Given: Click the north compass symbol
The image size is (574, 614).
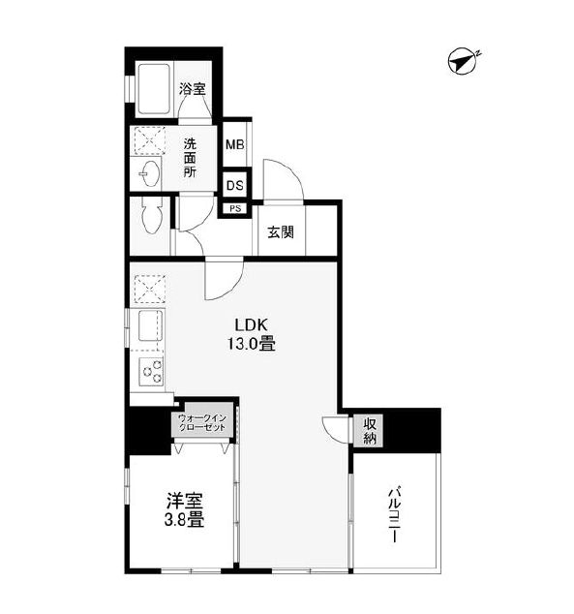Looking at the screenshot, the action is click(x=463, y=61).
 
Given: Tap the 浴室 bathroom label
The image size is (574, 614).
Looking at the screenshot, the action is click(x=193, y=89).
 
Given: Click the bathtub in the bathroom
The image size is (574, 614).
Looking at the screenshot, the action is click(x=153, y=89).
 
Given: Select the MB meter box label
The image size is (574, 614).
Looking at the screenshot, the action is click(x=235, y=145).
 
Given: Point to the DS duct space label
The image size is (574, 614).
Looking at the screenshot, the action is click(x=235, y=186).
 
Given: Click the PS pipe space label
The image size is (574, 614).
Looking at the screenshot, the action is click(x=235, y=209).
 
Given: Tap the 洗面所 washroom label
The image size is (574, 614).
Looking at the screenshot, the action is click(x=190, y=158).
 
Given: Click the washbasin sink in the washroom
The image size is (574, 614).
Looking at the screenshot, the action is click(x=150, y=174).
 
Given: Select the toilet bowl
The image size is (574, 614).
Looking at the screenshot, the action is click(x=152, y=215).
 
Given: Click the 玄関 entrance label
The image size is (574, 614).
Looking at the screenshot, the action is click(x=281, y=232).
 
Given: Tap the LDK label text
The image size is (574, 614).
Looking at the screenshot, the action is click(x=251, y=325).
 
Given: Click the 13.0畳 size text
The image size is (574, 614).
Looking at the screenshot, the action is click(x=252, y=344).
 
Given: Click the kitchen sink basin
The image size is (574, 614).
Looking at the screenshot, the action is click(x=150, y=325).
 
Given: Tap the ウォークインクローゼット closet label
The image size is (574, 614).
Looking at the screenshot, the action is click(x=202, y=422).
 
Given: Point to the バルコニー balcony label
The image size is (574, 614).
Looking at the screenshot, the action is click(x=395, y=514).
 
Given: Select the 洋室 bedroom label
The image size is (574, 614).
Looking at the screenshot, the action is click(x=184, y=501).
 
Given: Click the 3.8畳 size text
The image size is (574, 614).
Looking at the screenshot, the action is click(x=184, y=520).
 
